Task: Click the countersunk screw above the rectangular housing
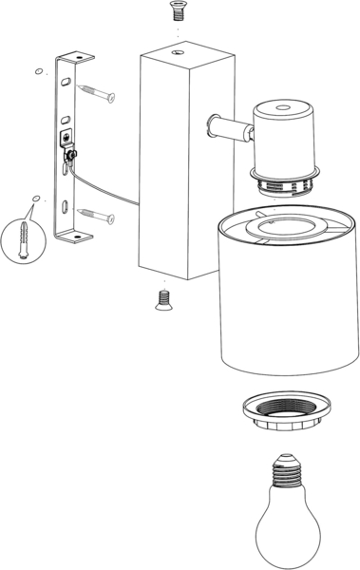point(176,11)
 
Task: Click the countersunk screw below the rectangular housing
point(161,300)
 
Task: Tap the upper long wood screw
point(97,93)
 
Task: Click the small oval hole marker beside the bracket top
point(37,71)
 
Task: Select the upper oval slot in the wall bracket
point(65,83)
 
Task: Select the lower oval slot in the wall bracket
point(62,205)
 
